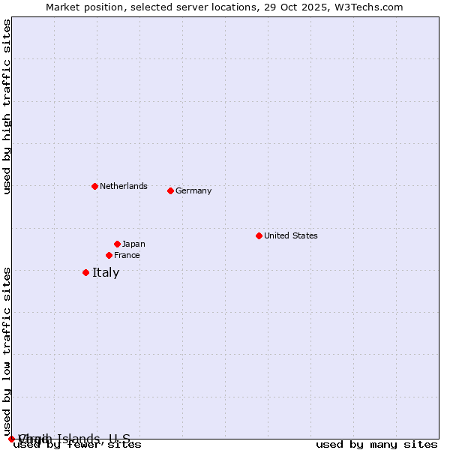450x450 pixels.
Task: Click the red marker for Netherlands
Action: (94, 186)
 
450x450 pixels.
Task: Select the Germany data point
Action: (170, 190)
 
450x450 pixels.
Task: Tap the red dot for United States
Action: (259, 235)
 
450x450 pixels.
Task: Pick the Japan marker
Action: (117, 244)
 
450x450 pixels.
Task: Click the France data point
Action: (109, 255)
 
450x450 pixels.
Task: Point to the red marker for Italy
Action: (85, 272)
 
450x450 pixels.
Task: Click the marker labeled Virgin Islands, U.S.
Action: (11, 439)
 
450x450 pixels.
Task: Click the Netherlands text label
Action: (123, 186)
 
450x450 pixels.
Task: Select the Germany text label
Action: (193, 190)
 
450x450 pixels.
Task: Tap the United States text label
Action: (290, 235)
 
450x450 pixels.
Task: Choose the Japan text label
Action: (133, 244)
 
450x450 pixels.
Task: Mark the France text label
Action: (127, 255)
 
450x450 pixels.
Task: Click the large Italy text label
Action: (106, 272)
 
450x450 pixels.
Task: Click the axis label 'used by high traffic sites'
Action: (7, 106)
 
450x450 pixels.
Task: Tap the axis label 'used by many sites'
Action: (376, 445)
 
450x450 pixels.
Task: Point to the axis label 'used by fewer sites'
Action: (78, 445)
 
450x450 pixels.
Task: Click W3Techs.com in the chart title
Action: (370, 7)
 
